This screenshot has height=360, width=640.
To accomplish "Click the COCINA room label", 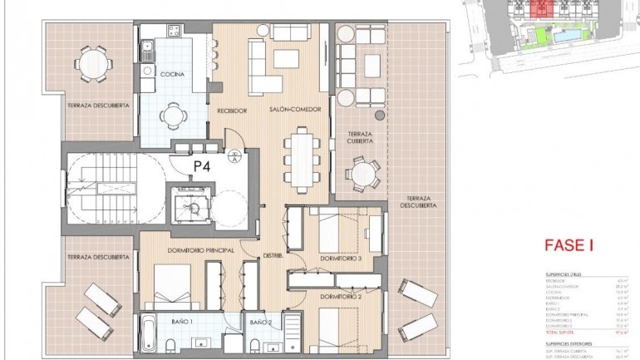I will click(x=173, y=74).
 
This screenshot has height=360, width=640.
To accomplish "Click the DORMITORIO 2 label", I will click(x=340, y=295).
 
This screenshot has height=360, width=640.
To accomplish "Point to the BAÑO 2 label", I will click(x=259, y=321).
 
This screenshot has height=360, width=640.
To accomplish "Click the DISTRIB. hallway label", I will click(x=274, y=256).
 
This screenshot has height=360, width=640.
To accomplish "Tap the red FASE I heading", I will click(x=568, y=245).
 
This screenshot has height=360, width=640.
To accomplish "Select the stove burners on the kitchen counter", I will click(x=173, y=32).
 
